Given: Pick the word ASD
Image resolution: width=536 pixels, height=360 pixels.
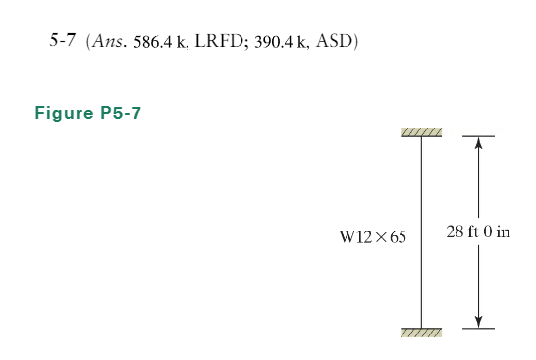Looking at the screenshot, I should pyautogui.click(x=336, y=45).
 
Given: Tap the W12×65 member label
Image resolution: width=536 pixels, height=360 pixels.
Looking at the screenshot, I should pyautogui.click(x=372, y=237).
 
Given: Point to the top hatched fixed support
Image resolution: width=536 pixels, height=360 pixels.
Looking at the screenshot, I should pyautogui.click(x=422, y=132).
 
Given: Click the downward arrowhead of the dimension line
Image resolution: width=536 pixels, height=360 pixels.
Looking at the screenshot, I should pyautogui.click(x=478, y=321).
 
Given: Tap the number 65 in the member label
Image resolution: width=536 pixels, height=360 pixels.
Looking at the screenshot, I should pyautogui.click(x=397, y=237).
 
